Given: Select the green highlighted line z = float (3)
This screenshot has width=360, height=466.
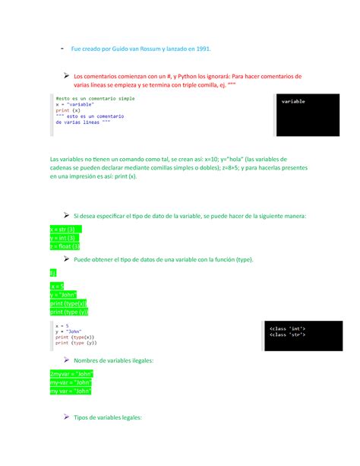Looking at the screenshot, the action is coord(65,246).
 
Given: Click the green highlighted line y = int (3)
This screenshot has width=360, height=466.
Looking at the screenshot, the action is coord(62,237).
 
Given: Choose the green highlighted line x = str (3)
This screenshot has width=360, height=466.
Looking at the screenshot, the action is coord(63,229).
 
